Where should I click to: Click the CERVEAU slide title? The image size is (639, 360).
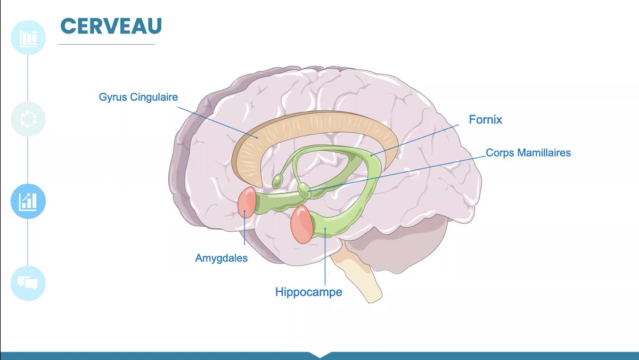point(111,26)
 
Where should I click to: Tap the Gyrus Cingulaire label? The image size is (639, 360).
point(138,97)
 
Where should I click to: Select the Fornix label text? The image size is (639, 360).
point(485,120)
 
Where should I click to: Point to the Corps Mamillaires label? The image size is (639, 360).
point(528,153)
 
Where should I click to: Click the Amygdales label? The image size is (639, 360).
point(221,258)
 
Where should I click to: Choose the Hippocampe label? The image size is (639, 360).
point(308,292)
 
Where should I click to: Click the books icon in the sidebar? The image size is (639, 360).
point(28,38)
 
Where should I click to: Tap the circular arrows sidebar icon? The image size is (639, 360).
point(28,119)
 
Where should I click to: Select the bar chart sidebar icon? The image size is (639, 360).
point(28,201)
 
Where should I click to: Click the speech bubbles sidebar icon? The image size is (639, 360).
point(28,283)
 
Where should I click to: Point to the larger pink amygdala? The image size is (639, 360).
point(302,224)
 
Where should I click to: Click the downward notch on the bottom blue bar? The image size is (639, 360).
point(319,355)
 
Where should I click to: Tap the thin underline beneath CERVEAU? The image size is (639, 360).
point(106,44)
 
